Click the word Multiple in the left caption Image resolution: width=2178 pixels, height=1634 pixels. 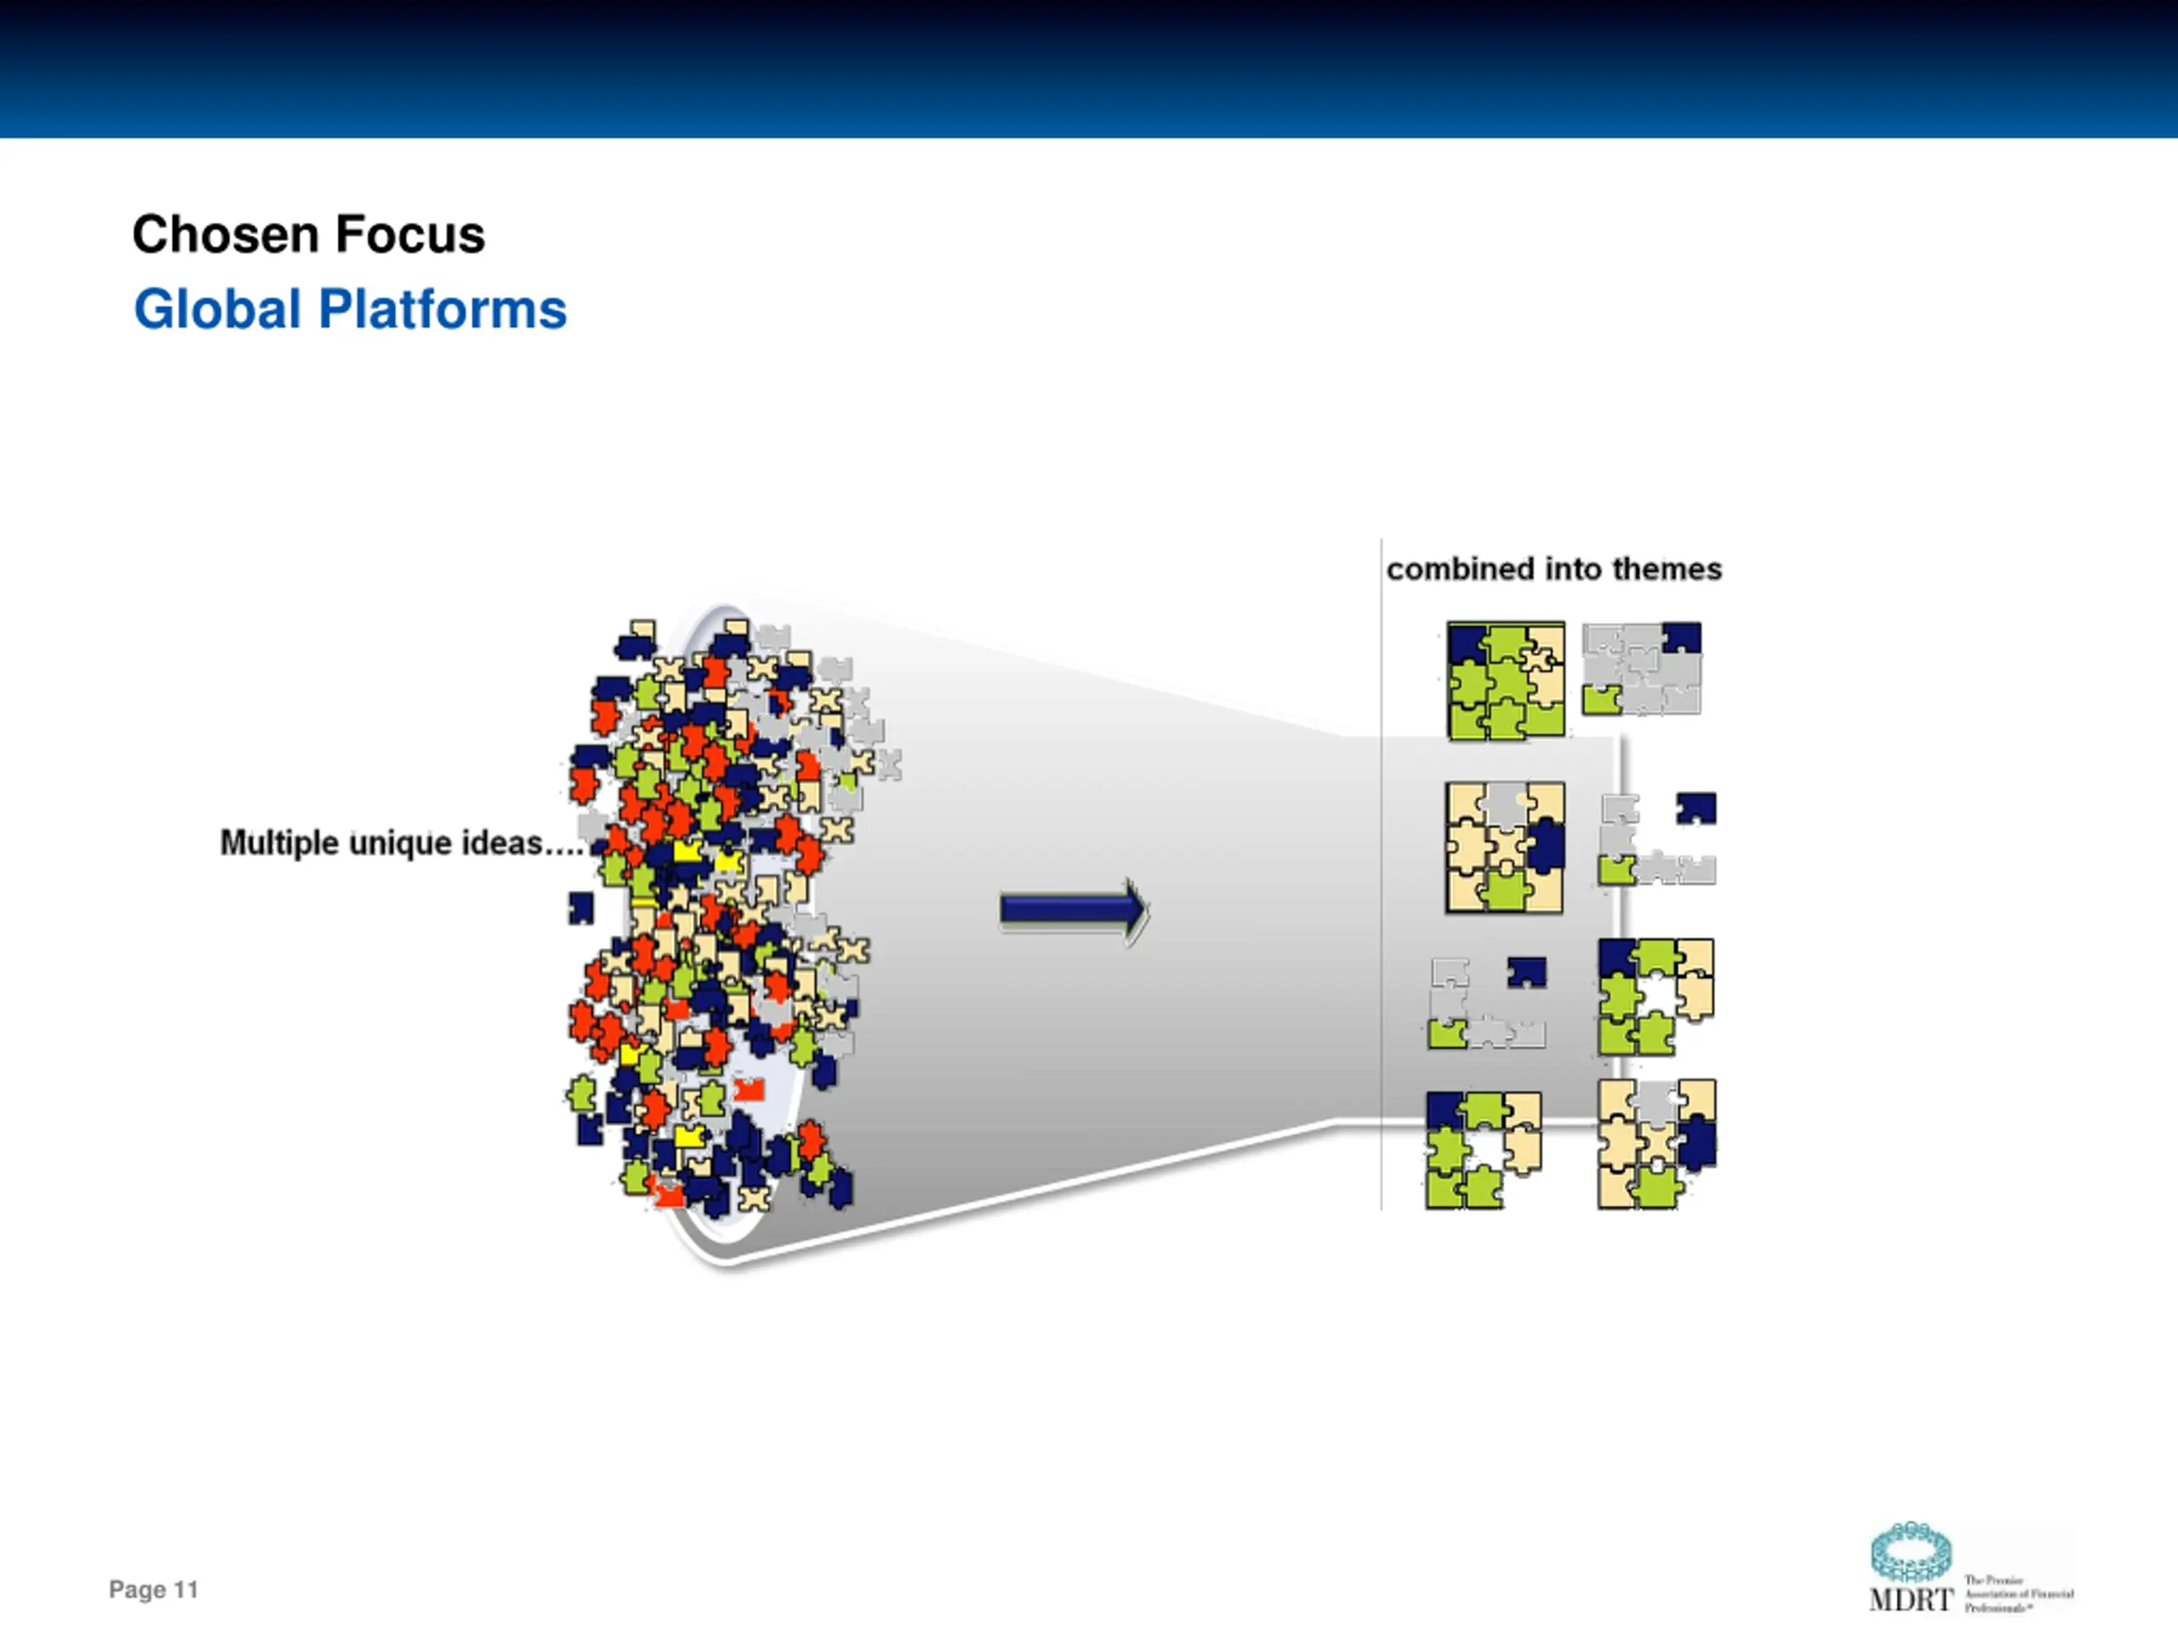pyautogui.click(x=279, y=843)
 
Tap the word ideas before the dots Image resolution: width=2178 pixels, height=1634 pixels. pyautogui.click(x=502, y=843)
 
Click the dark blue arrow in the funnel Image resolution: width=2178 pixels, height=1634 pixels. pyautogui.click(x=1072, y=909)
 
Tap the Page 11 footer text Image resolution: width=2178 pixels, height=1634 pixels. pyautogui.click(x=154, y=1590)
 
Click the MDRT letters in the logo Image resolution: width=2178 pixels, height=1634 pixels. pyautogui.click(x=1910, y=1599)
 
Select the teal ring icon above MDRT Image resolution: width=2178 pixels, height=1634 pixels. pyautogui.click(x=1910, y=1552)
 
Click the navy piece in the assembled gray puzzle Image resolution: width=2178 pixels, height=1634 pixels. pyautogui.click(x=1682, y=637)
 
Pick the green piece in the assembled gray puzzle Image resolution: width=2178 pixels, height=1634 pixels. pyautogui.click(x=1601, y=700)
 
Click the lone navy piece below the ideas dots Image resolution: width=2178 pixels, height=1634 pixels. pyautogui.click(x=581, y=907)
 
